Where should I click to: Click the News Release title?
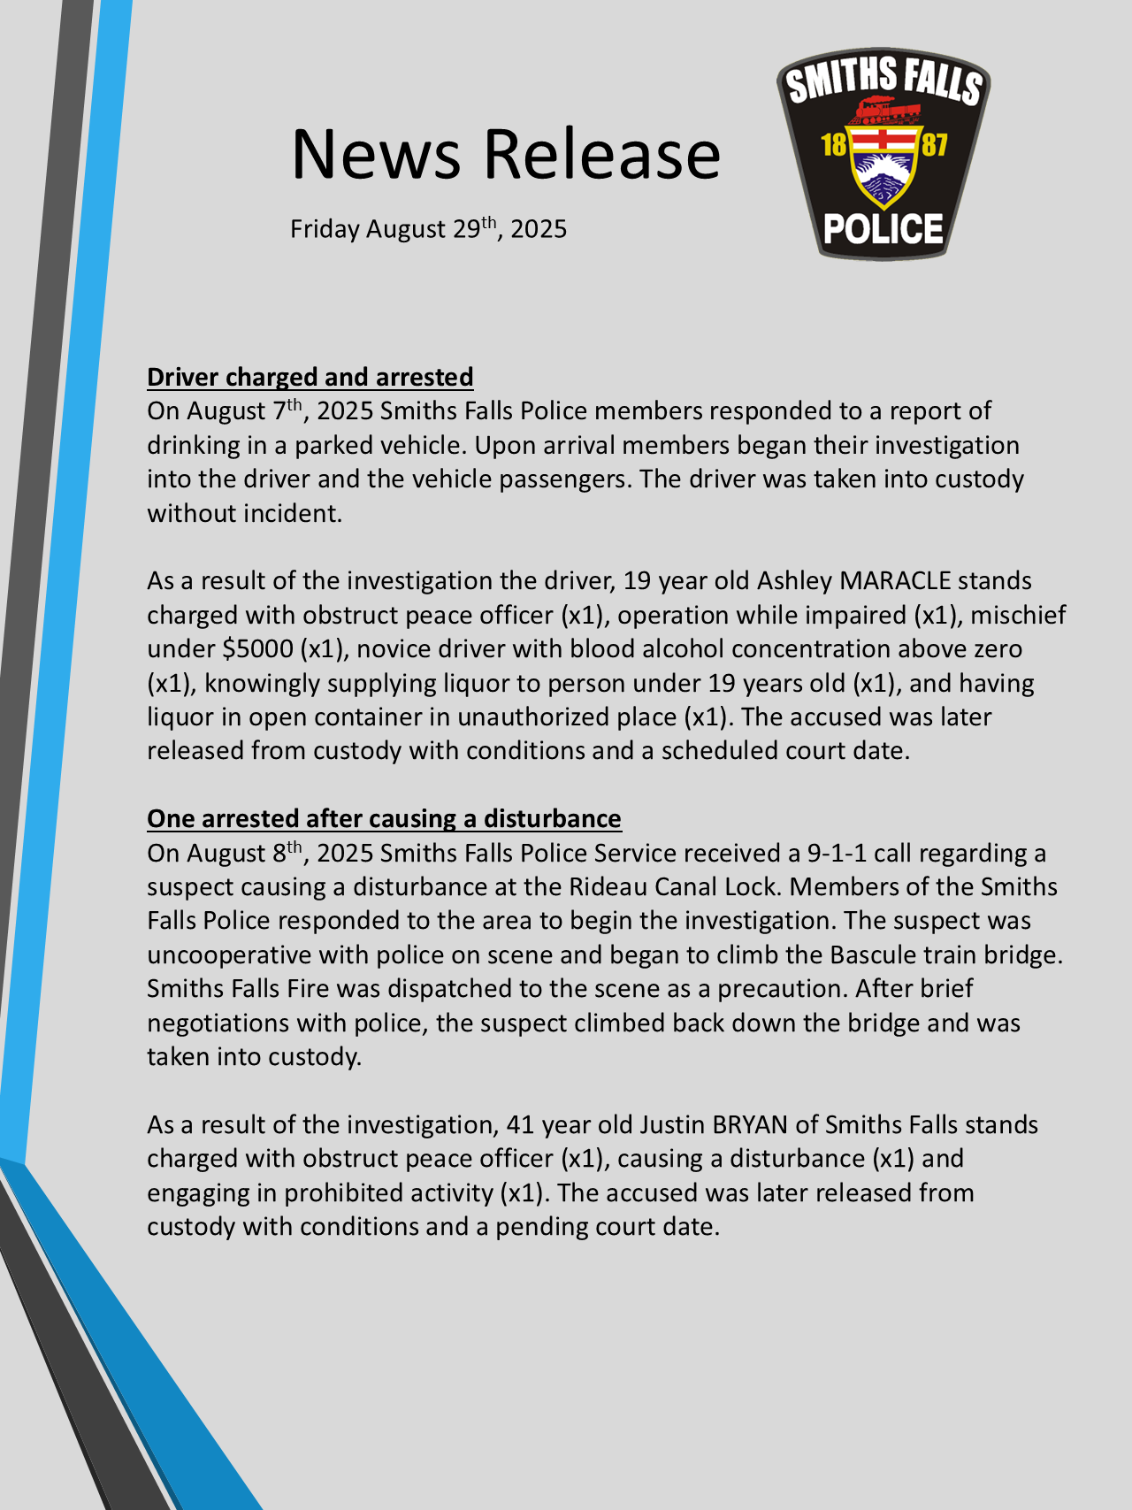pyautogui.click(x=506, y=154)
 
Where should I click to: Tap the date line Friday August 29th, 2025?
pyautogui.click(x=428, y=229)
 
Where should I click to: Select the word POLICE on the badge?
pyautogui.click(x=883, y=229)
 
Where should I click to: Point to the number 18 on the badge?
pyautogui.click(x=834, y=144)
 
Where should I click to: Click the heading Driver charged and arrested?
pyautogui.click(x=310, y=377)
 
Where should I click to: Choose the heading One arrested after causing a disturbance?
pyautogui.click(x=384, y=818)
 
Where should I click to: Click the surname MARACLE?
pyautogui.click(x=895, y=581)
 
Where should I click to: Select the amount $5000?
pyautogui.click(x=257, y=649)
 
